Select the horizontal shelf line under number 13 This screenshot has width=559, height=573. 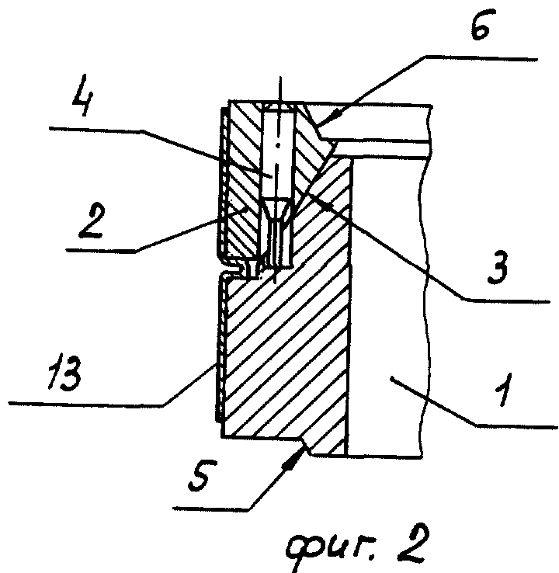tap(85, 402)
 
